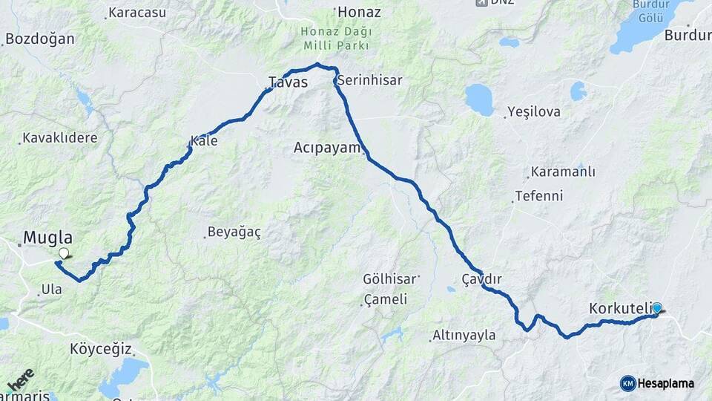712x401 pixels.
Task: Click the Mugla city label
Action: point(49,238)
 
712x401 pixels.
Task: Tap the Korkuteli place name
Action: point(619,307)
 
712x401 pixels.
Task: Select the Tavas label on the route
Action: point(288,82)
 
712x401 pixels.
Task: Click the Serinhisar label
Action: point(369,80)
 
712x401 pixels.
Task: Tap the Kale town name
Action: point(204,140)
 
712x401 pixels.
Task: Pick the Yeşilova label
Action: point(534,112)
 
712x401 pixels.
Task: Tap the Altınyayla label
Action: point(465,336)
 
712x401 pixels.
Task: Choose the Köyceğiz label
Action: point(101,348)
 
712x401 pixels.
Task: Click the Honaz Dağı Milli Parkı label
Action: point(336,39)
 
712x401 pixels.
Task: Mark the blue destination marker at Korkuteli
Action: point(656,307)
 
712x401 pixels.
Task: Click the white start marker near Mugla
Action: point(63,253)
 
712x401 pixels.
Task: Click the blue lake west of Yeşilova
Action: point(480,100)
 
